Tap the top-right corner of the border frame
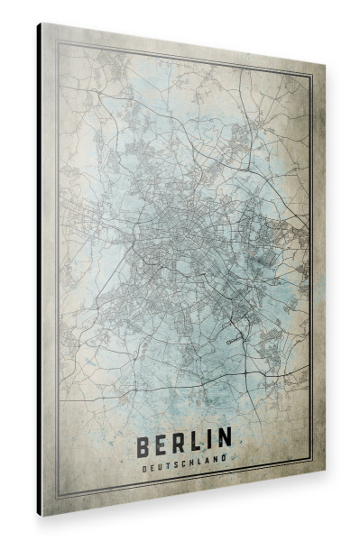(312, 77)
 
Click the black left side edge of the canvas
(40, 270)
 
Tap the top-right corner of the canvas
(322, 67)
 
